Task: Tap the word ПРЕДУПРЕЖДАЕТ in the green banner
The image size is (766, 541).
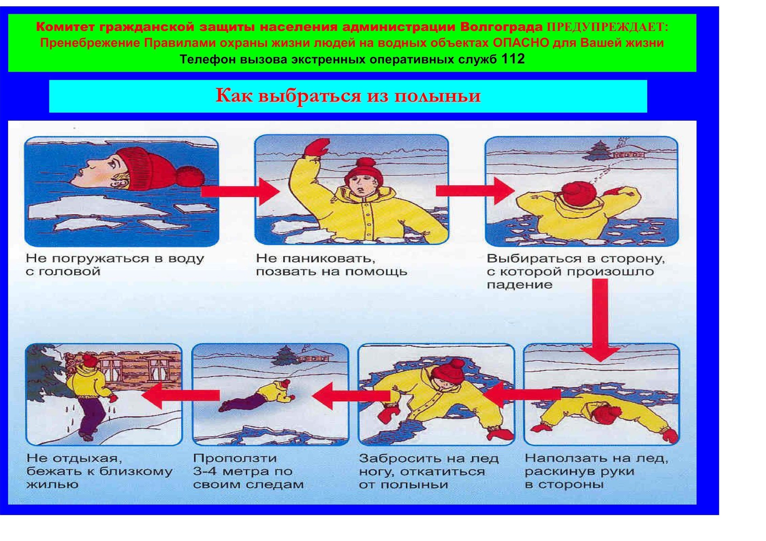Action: click(608, 27)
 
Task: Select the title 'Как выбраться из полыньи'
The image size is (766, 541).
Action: click(348, 96)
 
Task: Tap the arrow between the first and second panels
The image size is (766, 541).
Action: click(240, 192)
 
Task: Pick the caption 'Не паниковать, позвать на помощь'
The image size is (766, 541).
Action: click(331, 265)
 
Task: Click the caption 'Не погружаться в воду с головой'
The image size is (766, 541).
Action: click(115, 265)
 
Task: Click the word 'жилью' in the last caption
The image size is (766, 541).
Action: click(52, 484)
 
